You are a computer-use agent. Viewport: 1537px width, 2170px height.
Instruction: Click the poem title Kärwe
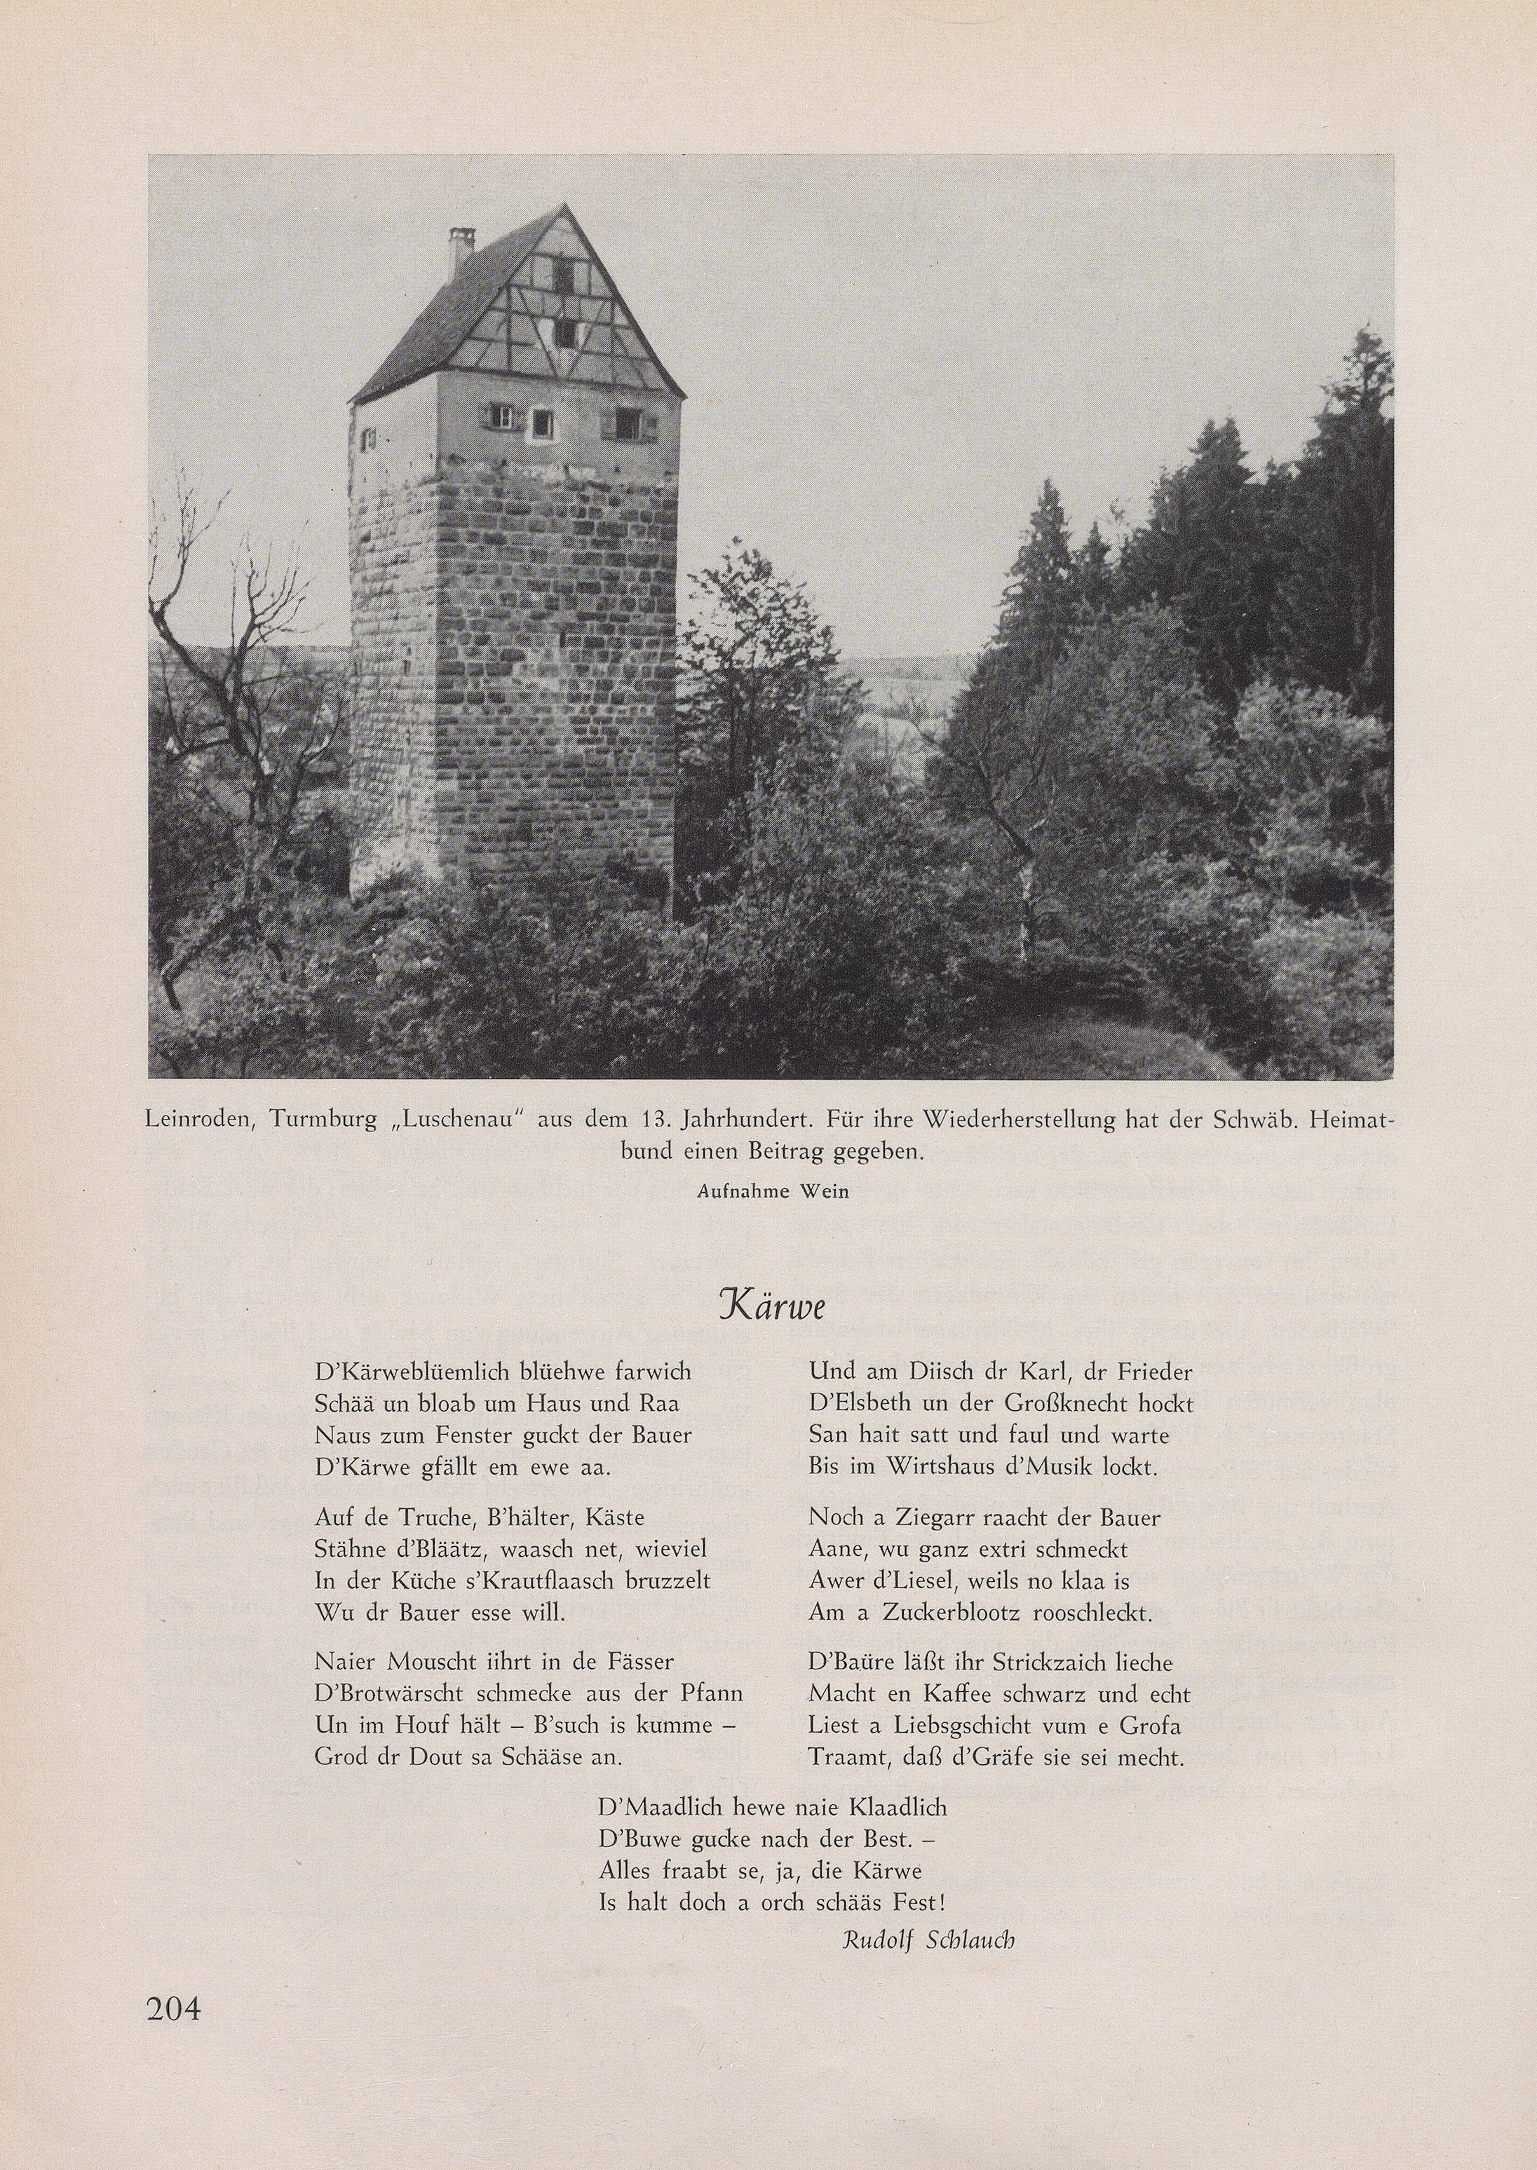(771, 1306)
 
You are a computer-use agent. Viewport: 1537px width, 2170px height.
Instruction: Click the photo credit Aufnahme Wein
(772, 1191)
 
